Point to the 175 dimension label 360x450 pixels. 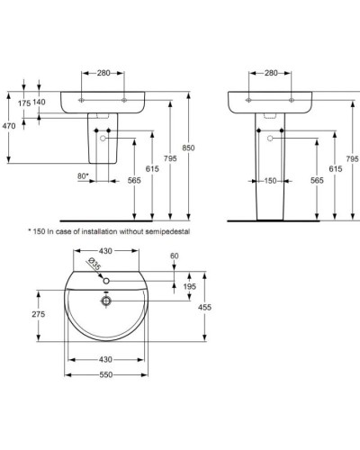click(24, 103)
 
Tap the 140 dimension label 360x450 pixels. click(40, 103)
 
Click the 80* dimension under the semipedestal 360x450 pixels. click(84, 175)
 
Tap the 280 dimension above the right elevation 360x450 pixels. click(271, 72)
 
